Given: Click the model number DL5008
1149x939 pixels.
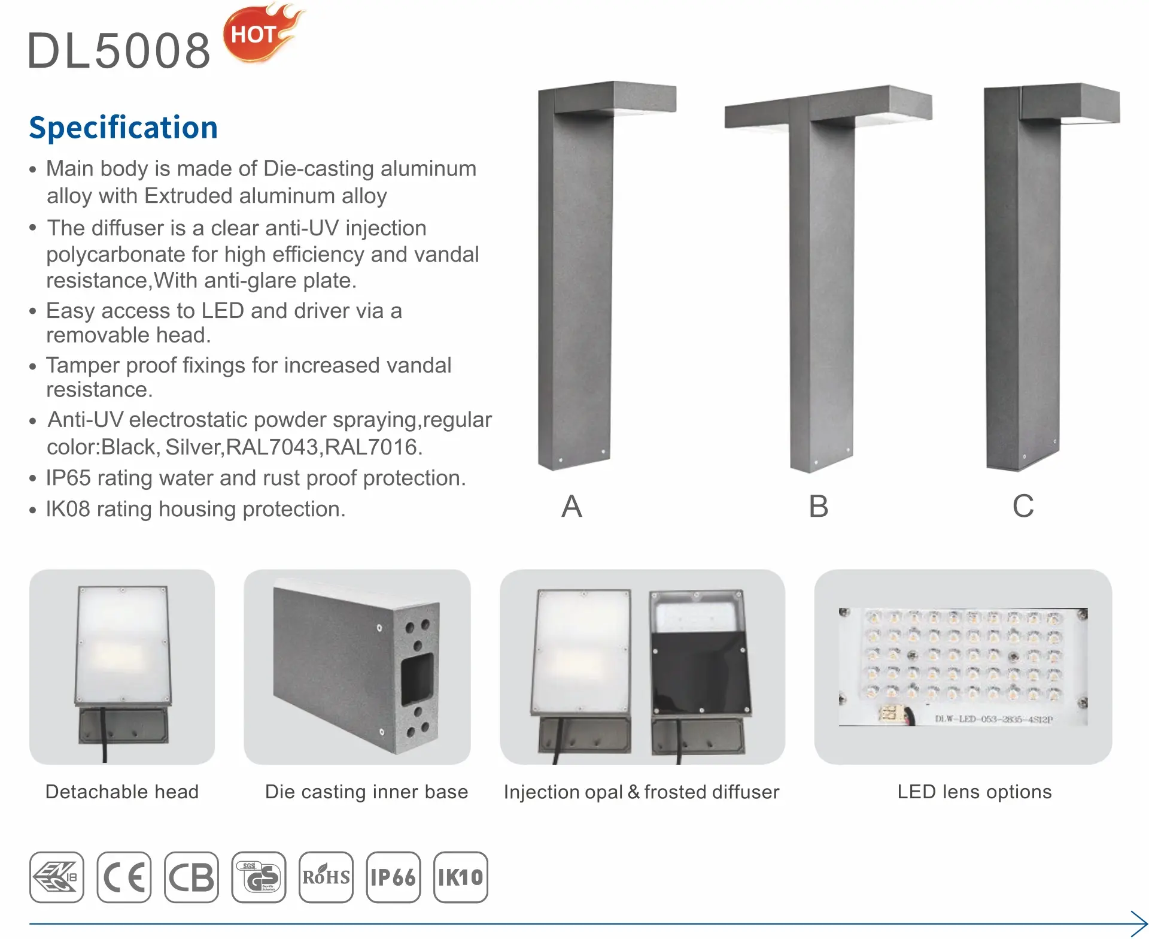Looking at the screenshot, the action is pos(119,50).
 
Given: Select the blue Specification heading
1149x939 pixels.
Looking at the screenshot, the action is pos(123,128).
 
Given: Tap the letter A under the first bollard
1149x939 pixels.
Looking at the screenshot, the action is pos(572,506).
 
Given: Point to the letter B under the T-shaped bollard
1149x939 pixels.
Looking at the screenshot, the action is pos(819,506).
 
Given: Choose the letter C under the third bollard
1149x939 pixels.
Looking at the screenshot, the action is pos(1023,506).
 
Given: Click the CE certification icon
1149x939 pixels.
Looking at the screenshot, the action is pos(124,877).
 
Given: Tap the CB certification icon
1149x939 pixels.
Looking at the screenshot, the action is pos(191,877).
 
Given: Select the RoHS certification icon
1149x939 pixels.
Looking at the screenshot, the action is pos(326,877).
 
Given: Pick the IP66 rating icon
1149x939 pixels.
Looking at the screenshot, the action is pos(393,877).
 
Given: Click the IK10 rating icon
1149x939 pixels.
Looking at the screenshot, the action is pos(461,877).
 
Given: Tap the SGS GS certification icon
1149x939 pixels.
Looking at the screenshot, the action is pos(259,877).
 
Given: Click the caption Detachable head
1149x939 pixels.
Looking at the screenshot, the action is pos(122,792).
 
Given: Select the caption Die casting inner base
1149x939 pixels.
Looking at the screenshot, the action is pos(366,792).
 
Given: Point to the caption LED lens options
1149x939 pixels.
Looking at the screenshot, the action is pos(974,792).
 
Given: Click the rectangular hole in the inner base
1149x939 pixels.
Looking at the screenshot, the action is pos(417,679).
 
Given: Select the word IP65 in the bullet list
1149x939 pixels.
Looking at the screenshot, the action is pos(68,478).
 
